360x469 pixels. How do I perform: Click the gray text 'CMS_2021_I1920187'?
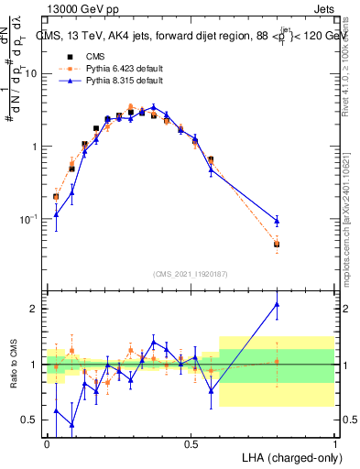[x=191, y=274]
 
